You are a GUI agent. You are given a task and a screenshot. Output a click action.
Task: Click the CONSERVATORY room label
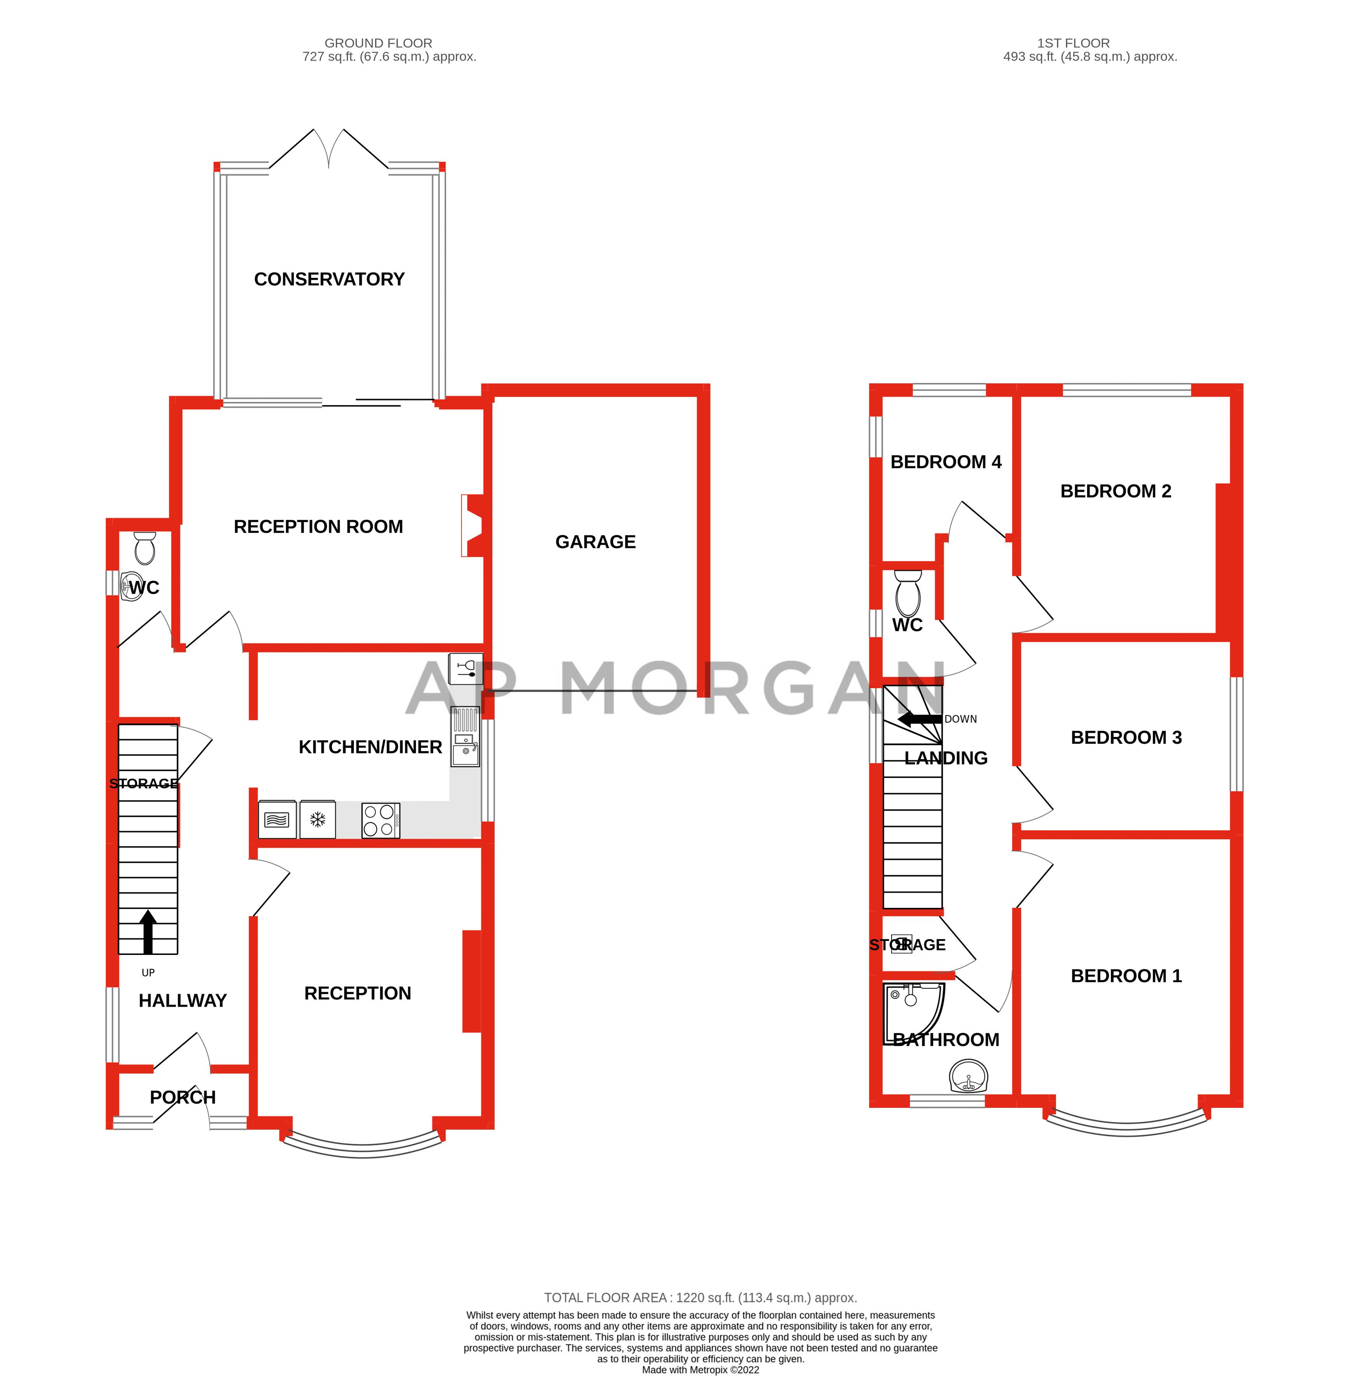(329, 279)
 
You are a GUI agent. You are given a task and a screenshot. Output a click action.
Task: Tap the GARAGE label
(595, 542)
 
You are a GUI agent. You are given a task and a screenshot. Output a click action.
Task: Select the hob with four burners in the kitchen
(381, 820)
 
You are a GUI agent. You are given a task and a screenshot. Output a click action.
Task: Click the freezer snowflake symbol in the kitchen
(318, 820)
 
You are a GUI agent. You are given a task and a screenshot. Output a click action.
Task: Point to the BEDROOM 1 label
(1126, 976)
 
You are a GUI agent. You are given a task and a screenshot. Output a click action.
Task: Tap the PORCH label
(182, 1097)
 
